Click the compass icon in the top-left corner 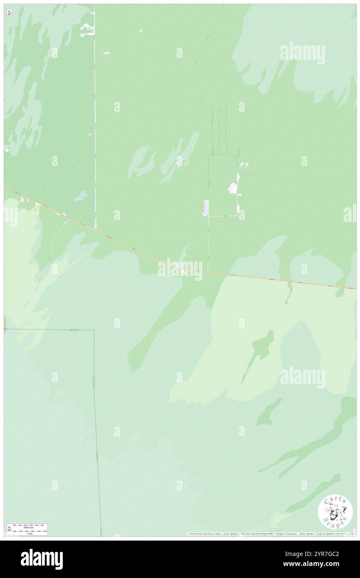pyautogui.click(x=9, y=13)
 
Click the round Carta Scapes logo pyautogui.click(x=335, y=513)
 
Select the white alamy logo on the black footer pyautogui.click(x=42, y=559)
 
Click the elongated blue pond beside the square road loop pyautogui.click(x=205, y=207)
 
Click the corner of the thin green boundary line pyautogui.click(x=94, y=330)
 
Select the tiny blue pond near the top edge pyautogui.click(x=141, y=30)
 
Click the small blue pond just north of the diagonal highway pyautogui.click(x=81, y=196)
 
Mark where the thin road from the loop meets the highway pyautogui.click(x=207, y=272)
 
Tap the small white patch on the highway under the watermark pyautogui.click(x=182, y=272)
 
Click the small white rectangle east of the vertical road pyautogui.click(x=106, y=53)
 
